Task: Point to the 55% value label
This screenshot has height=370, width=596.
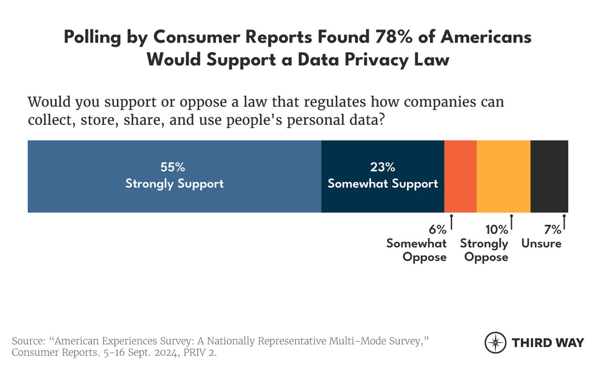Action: tap(173, 167)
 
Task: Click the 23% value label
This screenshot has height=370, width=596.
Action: tap(383, 167)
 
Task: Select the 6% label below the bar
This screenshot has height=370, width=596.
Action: tap(437, 229)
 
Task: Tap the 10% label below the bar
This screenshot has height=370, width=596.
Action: tap(497, 229)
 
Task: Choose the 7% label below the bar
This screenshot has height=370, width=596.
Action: tap(553, 229)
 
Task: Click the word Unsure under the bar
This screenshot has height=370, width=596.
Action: tap(541, 244)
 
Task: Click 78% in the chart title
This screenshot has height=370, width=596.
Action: tap(393, 37)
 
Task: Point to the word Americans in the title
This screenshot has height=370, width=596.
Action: tap(486, 37)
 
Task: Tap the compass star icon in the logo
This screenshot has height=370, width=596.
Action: tap(495, 343)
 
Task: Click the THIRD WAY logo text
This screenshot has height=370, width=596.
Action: tap(548, 343)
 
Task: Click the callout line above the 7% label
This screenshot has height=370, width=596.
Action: tap(564, 222)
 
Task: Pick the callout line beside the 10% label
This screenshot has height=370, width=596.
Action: tap(511, 222)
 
